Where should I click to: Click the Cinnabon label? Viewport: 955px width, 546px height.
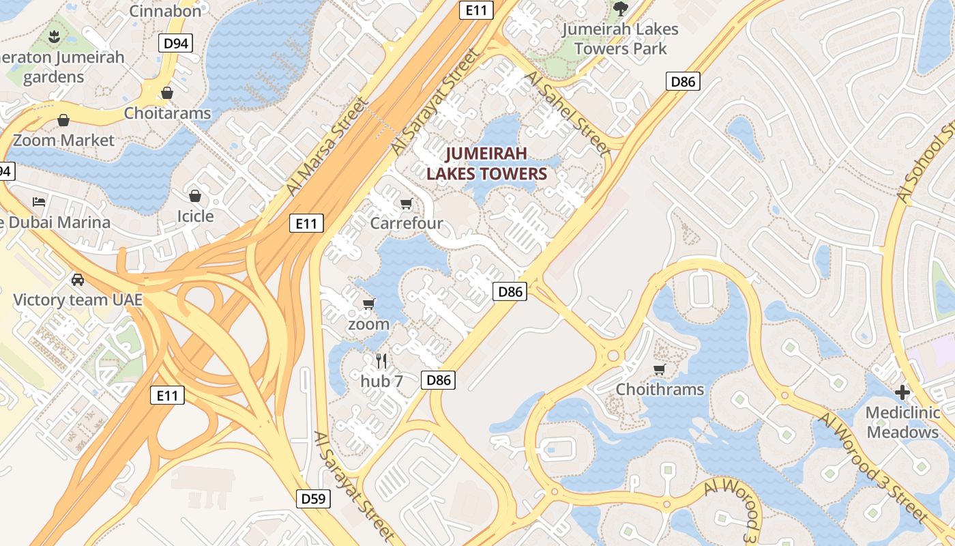click(x=165, y=10)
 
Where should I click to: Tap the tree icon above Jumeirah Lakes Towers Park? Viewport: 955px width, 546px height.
click(x=620, y=8)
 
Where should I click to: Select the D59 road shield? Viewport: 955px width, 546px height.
click(x=314, y=498)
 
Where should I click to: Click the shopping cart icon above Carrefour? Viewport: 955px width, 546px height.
click(x=407, y=203)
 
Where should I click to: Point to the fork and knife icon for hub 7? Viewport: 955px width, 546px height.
click(x=381, y=361)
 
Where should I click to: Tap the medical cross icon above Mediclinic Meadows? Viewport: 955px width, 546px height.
click(x=902, y=392)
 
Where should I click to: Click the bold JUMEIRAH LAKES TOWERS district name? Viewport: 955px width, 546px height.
click(x=487, y=163)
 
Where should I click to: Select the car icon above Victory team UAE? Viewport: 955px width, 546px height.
click(x=78, y=279)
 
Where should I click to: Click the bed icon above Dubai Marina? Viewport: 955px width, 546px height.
click(x=39, y=202)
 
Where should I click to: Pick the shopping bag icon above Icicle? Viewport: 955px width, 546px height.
click(x=195, y=197)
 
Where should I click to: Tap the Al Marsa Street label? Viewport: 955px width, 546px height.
click(x=327, y=146)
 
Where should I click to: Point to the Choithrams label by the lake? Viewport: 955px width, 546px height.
click(x=660, y=389)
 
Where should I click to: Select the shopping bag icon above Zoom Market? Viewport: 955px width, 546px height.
click(x=63, y=121)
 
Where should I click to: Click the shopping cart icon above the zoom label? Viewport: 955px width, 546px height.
click(x=369, y=304)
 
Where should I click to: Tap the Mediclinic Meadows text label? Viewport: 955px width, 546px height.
click(x=902, y=422)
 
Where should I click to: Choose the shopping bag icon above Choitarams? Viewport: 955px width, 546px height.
click(x=167, y=93)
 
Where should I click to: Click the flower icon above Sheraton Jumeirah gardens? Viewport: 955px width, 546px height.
click(x=55, y=35)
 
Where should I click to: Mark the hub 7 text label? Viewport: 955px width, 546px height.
click(x=381, y=381)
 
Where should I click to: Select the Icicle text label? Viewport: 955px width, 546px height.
click(x=195, y=216)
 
